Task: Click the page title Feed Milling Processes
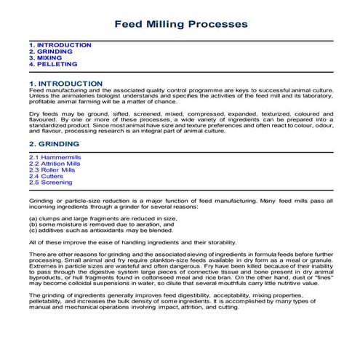click(x=180, y=24)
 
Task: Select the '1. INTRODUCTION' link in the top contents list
click(x=60, y=45)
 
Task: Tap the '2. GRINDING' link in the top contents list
click(x=51, y=52)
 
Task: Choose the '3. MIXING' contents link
click(x=47, y=58)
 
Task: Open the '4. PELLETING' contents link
click(x=53, y=65)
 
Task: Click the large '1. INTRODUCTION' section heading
click(x=65, y=84)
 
